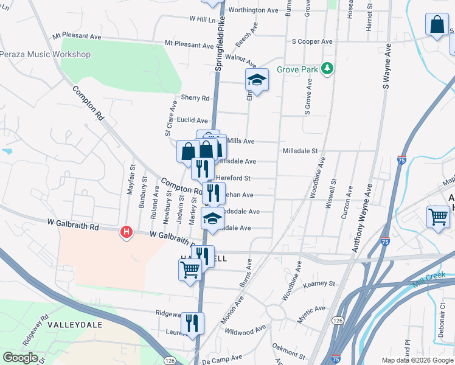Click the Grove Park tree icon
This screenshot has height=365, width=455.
[328, 69]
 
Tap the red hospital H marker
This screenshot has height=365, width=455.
[127, 232]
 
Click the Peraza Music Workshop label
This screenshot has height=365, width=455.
[54, 55]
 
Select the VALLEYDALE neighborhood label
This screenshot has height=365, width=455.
[75, 325]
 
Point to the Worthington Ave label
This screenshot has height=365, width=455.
[252, 10]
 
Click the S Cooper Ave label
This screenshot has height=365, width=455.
[312, 41]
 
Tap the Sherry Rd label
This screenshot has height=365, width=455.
[195, 98]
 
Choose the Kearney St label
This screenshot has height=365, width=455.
[319, 283]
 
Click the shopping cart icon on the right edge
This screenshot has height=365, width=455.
[438, 217]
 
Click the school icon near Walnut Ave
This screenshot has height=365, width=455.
[257, 80]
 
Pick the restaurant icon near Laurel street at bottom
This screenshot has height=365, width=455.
[192, 323]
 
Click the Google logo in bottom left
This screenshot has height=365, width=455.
[20, 358]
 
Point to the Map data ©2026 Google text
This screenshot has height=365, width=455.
[417, 360]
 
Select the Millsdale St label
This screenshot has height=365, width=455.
[300, 150]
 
